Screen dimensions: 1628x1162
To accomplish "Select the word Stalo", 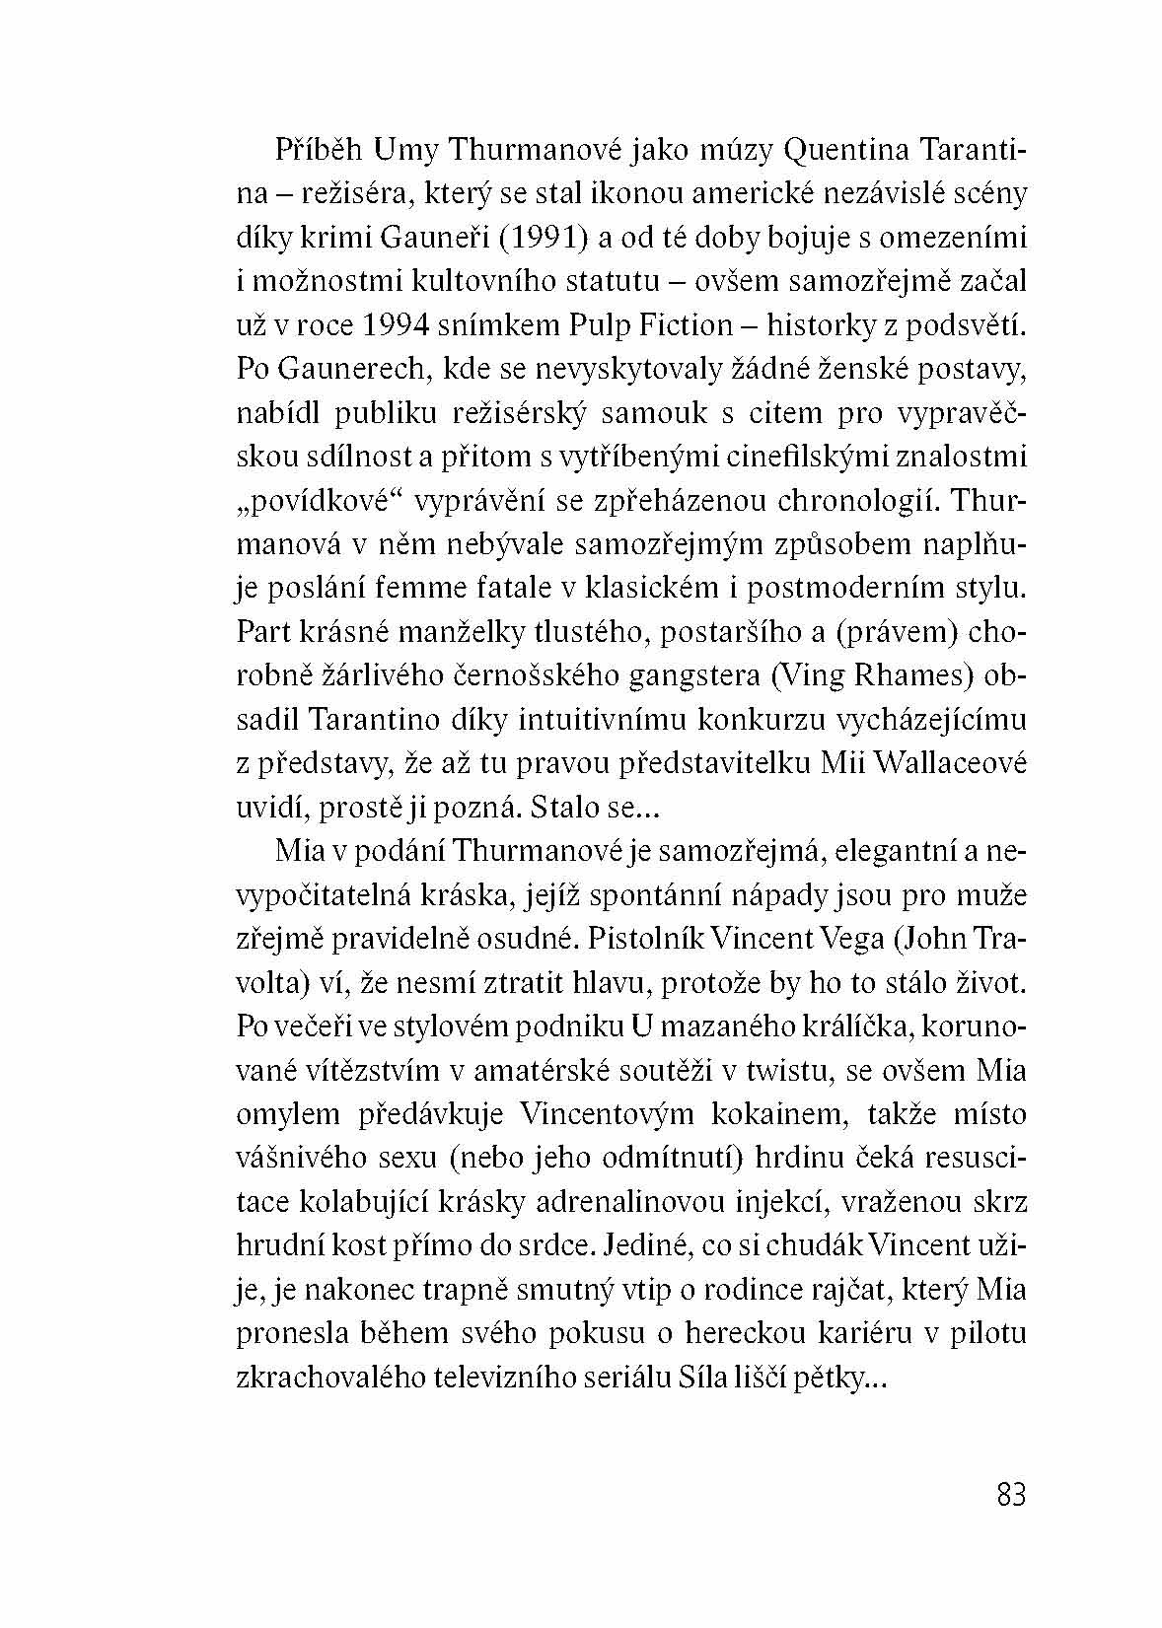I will [564, 808].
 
